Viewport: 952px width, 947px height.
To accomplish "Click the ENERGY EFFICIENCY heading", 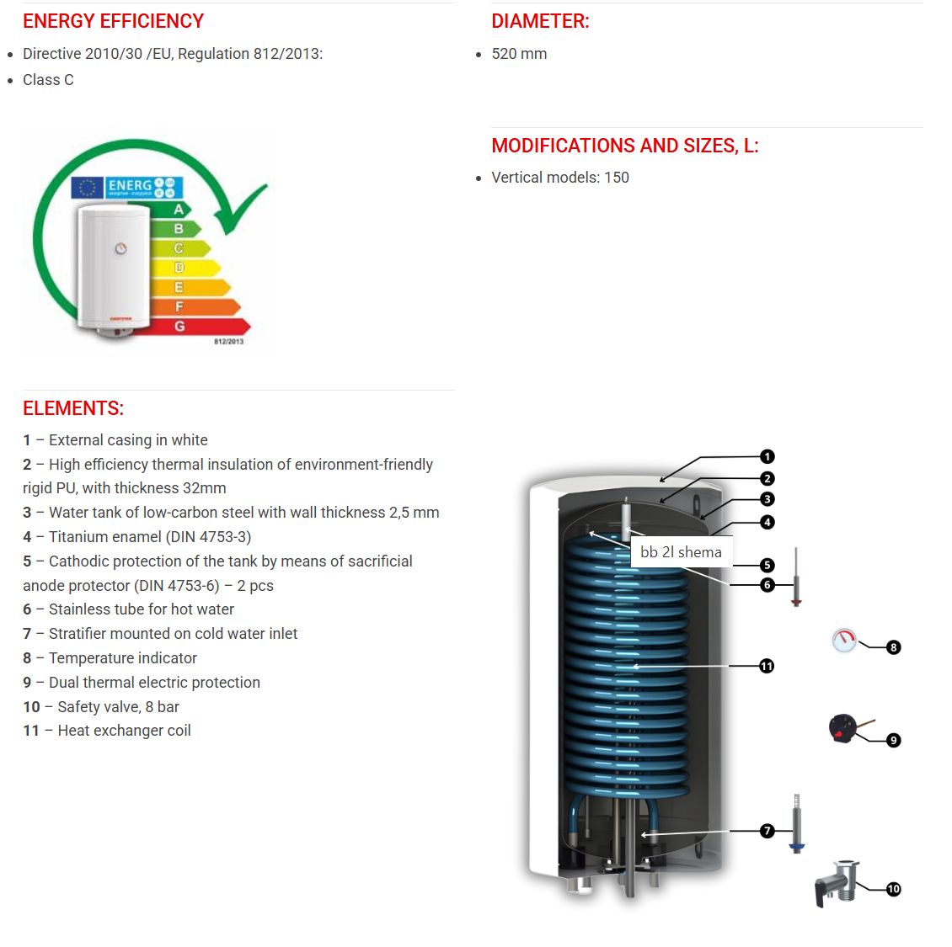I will [x=113, y=21].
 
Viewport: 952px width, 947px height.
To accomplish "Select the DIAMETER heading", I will [x=540, y=21].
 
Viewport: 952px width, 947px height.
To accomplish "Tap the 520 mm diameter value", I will [x=519, y=54].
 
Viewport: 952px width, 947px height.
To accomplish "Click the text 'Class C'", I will [x=48, y=80].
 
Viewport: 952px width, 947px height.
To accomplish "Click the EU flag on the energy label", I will [x=87, y=187].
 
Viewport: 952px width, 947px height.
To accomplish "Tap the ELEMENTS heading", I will [x=73, y=408].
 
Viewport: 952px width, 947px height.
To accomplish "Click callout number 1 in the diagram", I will [x=767, y=456].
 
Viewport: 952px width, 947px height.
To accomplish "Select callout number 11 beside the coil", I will [x=767, y=666].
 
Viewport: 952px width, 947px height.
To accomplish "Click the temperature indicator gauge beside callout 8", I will [x=843, y=641].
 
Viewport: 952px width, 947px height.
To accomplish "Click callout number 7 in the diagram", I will [x=767, y=831].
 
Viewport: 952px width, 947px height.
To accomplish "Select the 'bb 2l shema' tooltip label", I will [x=681, y=552].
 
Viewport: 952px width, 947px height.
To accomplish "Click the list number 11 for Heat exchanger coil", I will [x=31, y=731].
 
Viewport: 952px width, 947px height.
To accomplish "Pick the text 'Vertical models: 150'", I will [x=560, y=178].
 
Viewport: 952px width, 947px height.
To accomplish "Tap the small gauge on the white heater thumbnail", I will [x=120, y=248].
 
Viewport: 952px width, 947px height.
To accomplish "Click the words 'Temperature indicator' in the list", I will [x=123, y=658].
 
